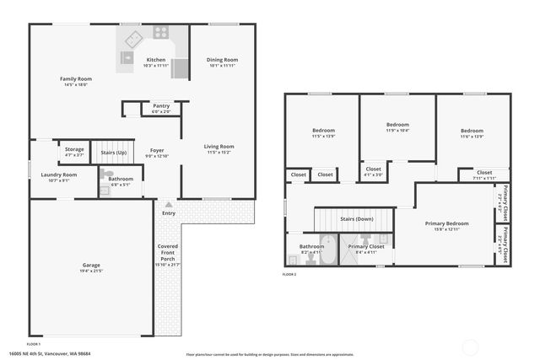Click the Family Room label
[75, 78]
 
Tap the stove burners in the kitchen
[159, 33]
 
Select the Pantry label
[160, 105]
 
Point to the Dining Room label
[223, 60]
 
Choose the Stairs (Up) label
[113, 153]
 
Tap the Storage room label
[74, 149]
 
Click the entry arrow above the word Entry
[169, 204]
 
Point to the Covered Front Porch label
[168, 251]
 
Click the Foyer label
[157, 150]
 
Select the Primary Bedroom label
[445, 223]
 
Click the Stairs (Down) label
[356, 218]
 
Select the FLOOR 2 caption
[289, 274]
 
